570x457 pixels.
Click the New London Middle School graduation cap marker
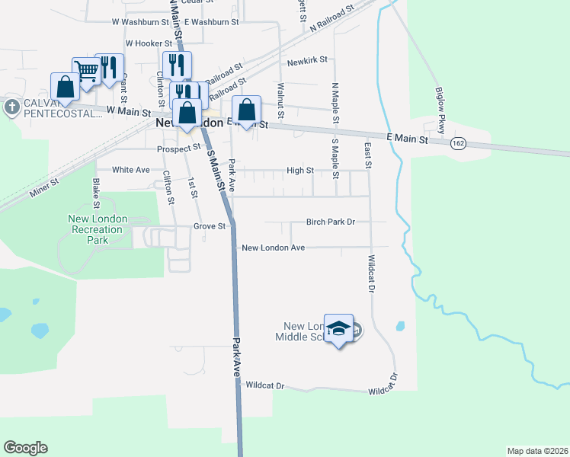tap(339, 329)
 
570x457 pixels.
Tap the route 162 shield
tap(458, 144)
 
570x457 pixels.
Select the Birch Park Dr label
tap(331, 222)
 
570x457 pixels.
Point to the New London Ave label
tap(273, 248)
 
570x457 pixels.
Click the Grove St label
tap(210, 226)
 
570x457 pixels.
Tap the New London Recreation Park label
tap(98, 229)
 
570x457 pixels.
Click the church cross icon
tap(11, 107)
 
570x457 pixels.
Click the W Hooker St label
tap(148, 43)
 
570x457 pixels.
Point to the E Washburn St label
tap(207, 22)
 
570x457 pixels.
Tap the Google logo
tap(25, 448)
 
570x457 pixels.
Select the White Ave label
tap(131, 170)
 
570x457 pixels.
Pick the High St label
tap(299, 170)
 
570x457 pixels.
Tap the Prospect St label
tap(178, 149)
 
